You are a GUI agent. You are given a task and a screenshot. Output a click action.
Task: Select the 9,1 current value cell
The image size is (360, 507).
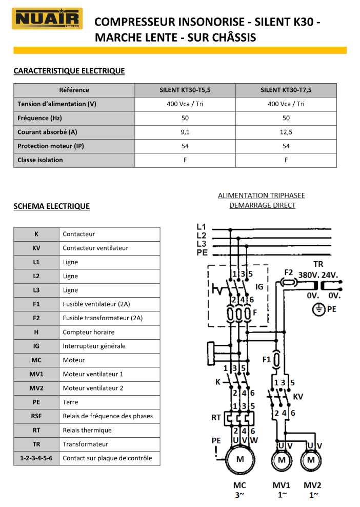coord(185,132)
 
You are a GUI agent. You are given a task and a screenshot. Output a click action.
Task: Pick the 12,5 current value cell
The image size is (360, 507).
coord(286,132)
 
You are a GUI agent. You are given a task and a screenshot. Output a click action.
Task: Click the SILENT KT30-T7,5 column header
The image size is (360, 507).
coord(286,90)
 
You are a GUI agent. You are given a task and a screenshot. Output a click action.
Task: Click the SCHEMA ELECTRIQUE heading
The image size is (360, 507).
coord(51,206)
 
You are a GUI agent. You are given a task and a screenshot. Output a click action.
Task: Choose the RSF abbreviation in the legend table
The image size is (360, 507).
coord(36,416)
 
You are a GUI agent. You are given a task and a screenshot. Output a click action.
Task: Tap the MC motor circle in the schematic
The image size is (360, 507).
coord(239,460)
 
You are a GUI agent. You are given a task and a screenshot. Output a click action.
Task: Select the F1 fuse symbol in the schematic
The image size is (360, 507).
coord(276,359)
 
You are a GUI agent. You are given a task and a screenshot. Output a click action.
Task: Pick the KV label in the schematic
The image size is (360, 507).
coord(297,397)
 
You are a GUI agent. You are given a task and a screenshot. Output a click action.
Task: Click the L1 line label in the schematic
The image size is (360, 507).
coord(201,226)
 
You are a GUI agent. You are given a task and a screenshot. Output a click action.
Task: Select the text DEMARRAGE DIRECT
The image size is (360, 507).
coord(262,205)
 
